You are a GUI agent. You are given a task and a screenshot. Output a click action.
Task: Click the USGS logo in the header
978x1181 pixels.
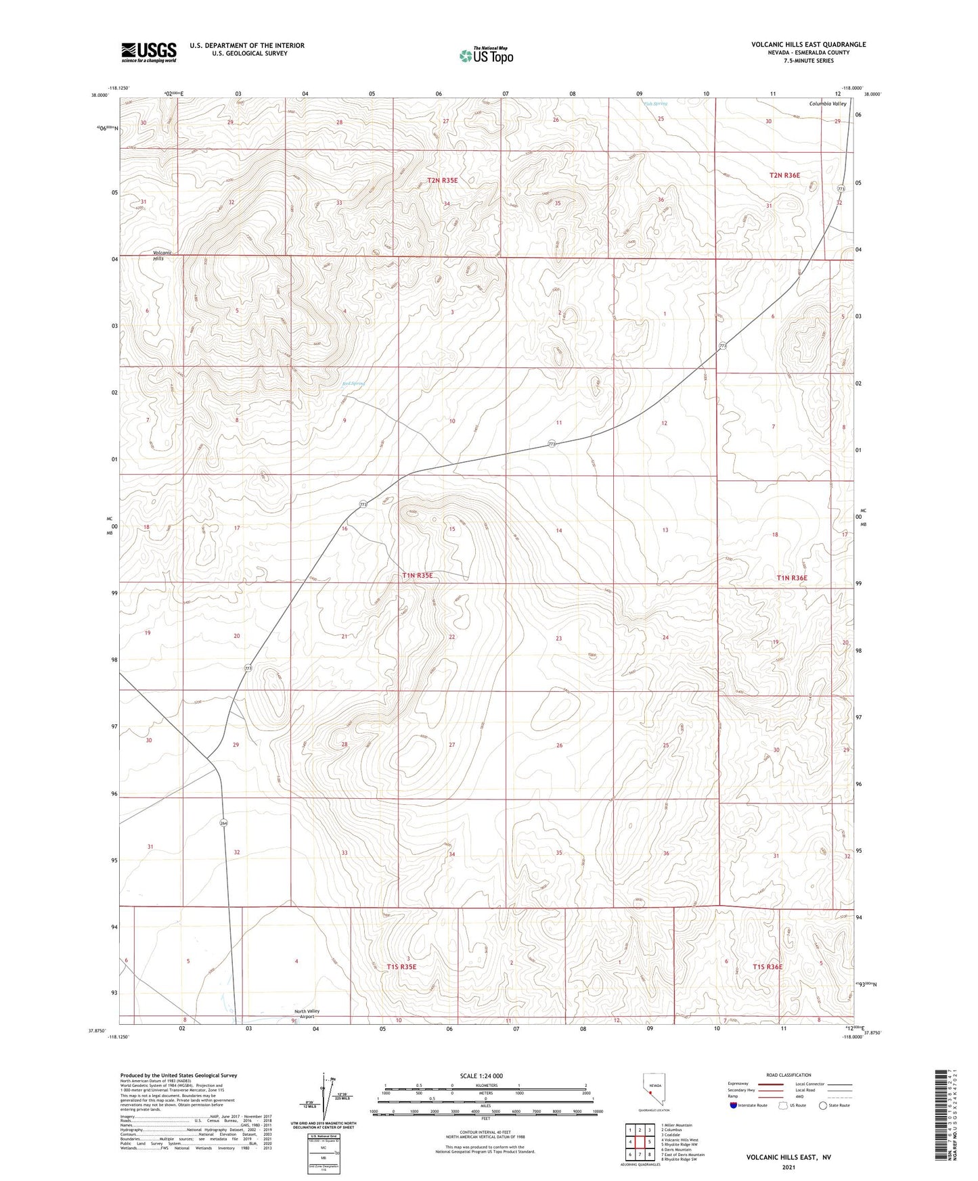pyautogui.click(x=149, y=52)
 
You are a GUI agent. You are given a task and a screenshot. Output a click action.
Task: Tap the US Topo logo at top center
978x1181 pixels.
pyautogui.click(x=486, y=55)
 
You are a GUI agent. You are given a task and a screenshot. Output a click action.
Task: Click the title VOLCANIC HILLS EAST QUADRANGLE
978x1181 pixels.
pyautogui.click(x=808, y=45)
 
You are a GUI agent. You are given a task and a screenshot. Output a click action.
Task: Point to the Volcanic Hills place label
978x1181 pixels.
pyautogui.click(x=158, y=256)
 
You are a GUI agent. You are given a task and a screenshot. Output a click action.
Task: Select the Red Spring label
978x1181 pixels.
pyautogui.click(x=353, y=384)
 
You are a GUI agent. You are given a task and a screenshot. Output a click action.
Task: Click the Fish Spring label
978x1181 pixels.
pyautogui.click(x=655, y=103)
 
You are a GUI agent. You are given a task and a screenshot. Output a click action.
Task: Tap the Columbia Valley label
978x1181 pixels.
pyautogui.click(x=828, y=103)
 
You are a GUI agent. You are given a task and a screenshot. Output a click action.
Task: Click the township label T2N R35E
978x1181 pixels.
pyautogui.click(x=442, y=181)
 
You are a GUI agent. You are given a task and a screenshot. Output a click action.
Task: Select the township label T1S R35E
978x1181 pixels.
pyautogui.click(x=401, y=967)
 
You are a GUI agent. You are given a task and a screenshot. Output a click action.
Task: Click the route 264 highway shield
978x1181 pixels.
pyautogui.click(x=224, y=823)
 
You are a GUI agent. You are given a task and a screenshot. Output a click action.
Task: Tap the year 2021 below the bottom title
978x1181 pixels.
pyautogui.click(x=788, y=1167)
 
